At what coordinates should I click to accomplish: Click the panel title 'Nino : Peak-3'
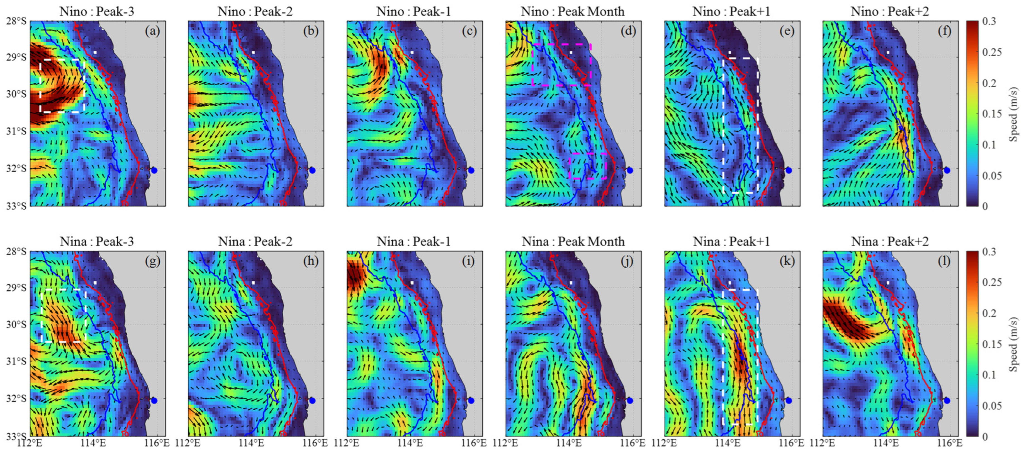pos(97,11)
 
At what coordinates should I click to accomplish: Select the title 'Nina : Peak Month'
pos(573,241)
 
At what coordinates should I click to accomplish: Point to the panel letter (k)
pos(787,261)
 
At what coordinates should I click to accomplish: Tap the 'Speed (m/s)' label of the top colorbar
pos(1013,114)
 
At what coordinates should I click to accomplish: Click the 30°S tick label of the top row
pos(16,94)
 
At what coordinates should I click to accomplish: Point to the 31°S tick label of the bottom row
pos(16,362)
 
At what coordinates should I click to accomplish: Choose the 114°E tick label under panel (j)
pos(570,443)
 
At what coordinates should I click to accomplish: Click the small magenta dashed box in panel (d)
pos(588,166)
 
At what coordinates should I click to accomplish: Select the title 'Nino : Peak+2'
pos(890,11)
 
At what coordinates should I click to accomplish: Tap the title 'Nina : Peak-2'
pos(255,241)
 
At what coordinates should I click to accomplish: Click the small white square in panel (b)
pos(253,52)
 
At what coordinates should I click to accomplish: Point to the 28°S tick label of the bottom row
pos(16,252)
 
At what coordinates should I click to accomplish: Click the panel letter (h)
pos(310,261)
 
